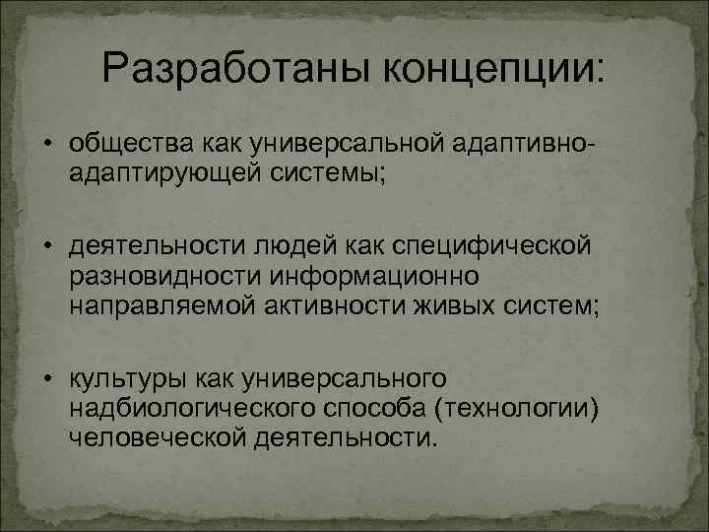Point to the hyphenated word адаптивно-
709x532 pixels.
click(521, 146)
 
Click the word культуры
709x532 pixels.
click(119, 378)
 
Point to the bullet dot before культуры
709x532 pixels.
click(48, 379)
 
